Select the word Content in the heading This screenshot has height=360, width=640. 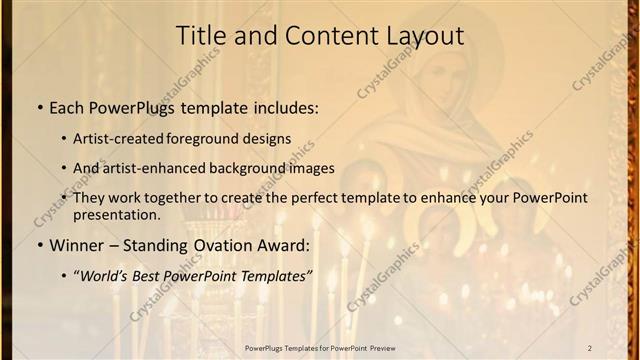click(320, 35)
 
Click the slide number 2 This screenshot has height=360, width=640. click(589, 347)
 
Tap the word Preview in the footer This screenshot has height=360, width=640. click(378, 347)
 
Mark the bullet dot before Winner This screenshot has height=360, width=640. click(39, 245)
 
